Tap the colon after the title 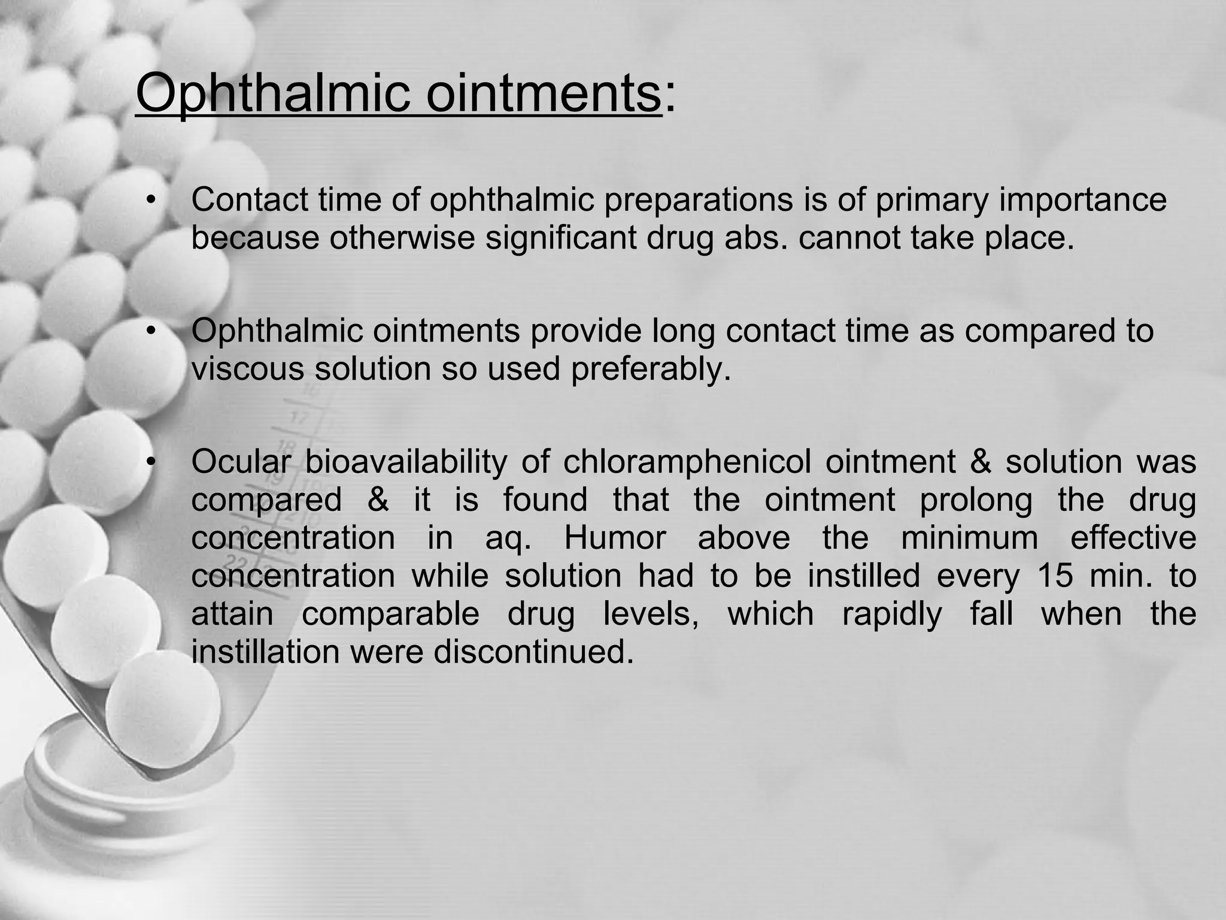[x=670, y=96]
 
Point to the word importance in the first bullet [x=1082, y=201]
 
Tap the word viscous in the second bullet [x=248, y=368]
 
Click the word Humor [x=615, y=537]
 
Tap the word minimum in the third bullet [x=969, y=537]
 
